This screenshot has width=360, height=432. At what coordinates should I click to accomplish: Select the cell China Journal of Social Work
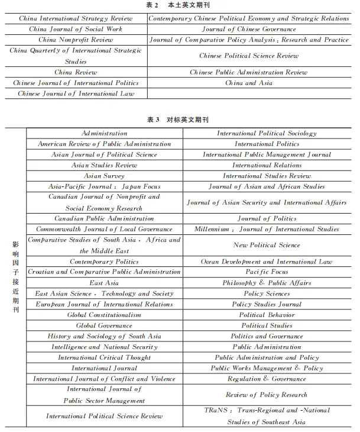coord(75,29)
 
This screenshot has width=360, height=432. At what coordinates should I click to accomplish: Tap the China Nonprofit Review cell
coord(75,40)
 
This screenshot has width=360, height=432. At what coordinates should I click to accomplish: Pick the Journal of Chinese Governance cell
coord(249,29)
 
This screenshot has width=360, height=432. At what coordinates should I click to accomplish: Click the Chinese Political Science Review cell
coord(249,56)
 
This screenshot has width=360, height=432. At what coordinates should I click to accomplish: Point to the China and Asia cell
coord(249,83)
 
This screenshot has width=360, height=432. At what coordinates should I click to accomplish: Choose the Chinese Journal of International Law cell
coord(75,94)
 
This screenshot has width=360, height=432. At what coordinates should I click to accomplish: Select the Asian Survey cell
coord(104,176)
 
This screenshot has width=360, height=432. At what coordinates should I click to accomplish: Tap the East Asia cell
coord(104,283)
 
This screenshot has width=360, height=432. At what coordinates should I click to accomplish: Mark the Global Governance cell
coord(104,325)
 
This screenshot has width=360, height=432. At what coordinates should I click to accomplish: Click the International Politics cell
coord(267,144)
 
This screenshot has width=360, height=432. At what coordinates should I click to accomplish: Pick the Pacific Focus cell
coord(267,272)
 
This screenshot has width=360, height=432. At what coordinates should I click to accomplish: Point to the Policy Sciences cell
coord(267,294)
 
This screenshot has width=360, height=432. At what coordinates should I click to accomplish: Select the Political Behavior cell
coord(267,315)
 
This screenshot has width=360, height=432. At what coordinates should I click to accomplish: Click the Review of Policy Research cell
coord(267,395)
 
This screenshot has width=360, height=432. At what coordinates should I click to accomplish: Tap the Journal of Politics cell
coord(267,218)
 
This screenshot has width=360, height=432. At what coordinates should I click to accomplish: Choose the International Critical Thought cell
coord(104,357)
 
